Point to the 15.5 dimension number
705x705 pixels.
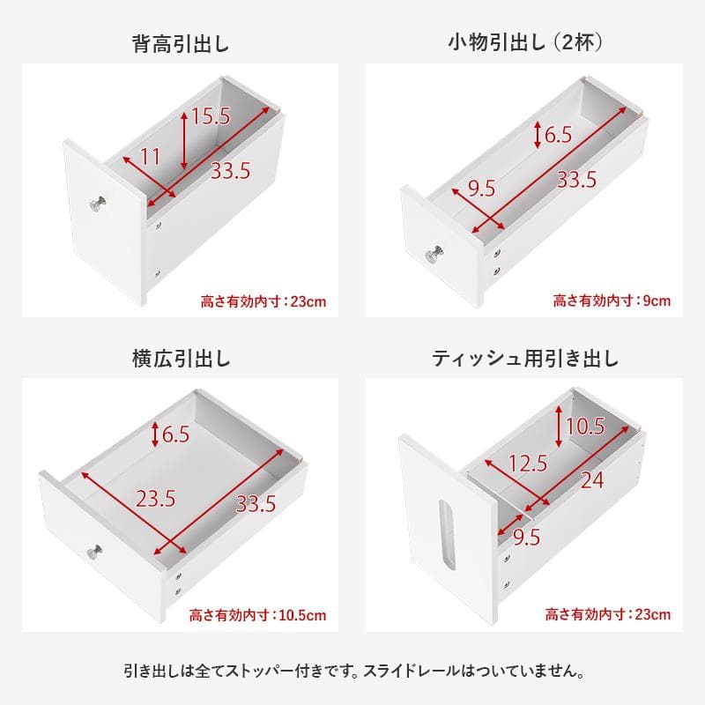pyautogui.click(x=211, y=115)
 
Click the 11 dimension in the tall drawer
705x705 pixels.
pyautogui.click(x=150, y=157)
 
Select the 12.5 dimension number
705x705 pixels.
pyautogui.click(x=528, y=463)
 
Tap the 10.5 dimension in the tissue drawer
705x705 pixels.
pyautogui.click(x=585, y=427)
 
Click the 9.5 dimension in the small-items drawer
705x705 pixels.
pyautogui.click(x=481, y=187)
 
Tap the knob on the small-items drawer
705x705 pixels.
pyautogui.click(x=434, y=256)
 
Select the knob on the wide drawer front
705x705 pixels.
pyautogui.click(x=94, y=553)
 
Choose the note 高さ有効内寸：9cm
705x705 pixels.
pyautogui.click(x=612, y=301)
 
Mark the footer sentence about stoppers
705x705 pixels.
pyautogui.click(x=352, y=672)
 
